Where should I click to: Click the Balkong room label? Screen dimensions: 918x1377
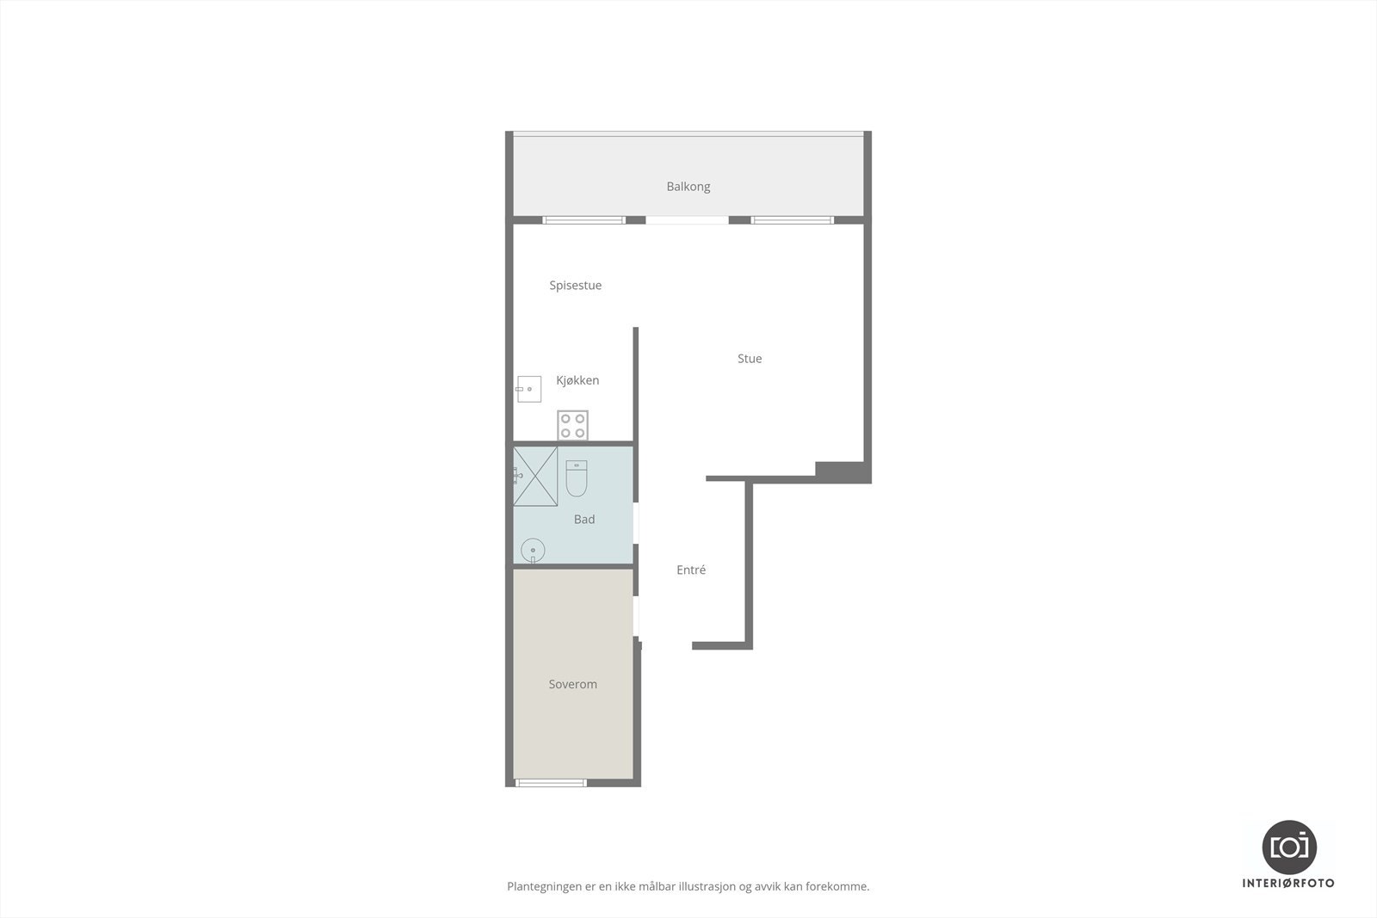688,187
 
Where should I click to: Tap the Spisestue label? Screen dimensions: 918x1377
575,286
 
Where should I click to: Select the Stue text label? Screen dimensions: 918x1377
749,359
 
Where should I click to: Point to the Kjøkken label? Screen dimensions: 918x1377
577,380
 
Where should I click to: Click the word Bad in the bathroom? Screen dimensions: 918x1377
584,520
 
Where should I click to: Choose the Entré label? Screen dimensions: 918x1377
691,570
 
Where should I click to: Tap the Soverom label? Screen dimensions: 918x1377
572,685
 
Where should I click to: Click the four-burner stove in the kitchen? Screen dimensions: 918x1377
572,425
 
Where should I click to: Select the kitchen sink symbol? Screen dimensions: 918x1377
528,390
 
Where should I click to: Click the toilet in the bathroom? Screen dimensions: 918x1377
577,478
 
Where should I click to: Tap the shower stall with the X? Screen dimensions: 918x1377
535,476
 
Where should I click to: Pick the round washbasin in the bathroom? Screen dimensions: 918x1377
533,550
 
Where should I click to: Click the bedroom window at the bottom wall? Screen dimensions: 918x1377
551,782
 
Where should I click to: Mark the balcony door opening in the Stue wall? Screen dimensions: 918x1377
687,220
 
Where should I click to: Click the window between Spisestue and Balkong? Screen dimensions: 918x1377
584,220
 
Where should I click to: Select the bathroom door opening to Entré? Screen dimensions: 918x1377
635,523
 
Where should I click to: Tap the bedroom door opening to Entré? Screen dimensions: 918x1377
637,616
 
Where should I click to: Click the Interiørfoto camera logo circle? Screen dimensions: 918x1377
1288,847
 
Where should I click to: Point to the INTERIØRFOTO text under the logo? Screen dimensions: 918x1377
1288,884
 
